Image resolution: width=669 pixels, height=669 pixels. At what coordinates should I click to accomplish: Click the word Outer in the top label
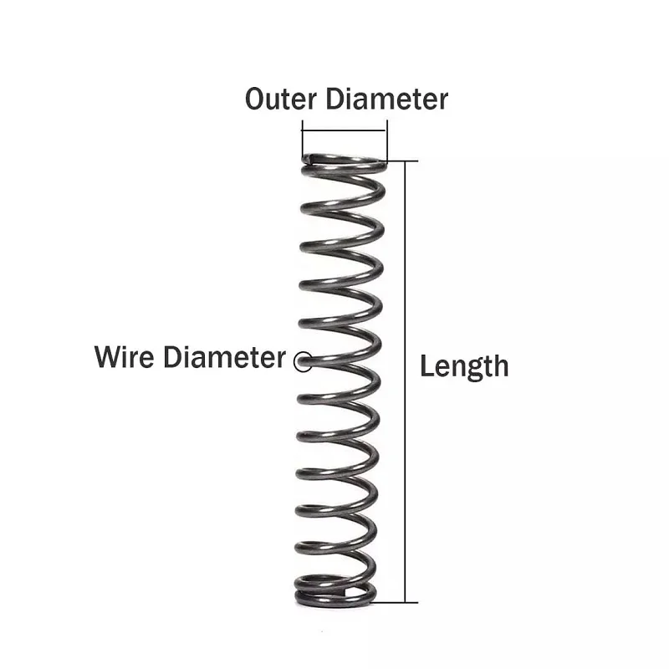pos(281,99)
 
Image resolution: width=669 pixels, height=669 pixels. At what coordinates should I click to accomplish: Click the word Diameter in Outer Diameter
pos(387,99)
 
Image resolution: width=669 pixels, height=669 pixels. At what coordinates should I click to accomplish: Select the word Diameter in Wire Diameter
pos(224,357)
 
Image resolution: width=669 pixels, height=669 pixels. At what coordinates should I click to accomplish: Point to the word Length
pos(465,367)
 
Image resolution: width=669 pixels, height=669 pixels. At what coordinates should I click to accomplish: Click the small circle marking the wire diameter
pos(303,361)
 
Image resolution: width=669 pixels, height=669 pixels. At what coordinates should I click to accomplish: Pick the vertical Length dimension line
pos(405,382)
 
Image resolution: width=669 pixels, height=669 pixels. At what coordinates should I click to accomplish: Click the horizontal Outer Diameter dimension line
pos(345,130)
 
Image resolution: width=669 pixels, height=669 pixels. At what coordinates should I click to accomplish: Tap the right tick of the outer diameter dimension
pos(386,140)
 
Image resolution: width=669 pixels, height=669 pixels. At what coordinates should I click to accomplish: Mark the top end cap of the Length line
pos(401,161)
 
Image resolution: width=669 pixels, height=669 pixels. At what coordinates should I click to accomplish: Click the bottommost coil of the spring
pos(335,603)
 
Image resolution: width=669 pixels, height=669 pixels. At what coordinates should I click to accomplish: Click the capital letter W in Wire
pos(108,357)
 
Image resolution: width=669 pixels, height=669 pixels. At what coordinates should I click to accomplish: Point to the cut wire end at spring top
pos(308,158)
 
